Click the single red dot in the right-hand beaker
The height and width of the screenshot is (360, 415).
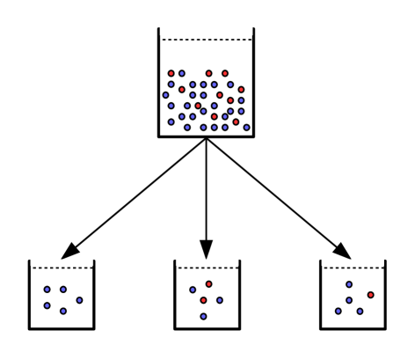[370, 295]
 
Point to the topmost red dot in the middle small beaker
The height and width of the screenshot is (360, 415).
[208, 283]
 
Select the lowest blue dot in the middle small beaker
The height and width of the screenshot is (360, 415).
[203, 316]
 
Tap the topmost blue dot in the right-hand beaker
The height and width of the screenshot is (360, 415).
[349, 284]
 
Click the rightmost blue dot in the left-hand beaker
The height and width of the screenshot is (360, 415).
[79, 300]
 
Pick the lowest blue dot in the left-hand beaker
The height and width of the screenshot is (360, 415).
[62, 311]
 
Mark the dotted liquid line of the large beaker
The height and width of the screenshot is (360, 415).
[206, 40]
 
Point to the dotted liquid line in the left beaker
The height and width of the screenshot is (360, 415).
[62, 268]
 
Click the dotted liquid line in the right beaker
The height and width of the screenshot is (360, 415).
[352, 268]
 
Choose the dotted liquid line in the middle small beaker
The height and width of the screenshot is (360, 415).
[207, 268]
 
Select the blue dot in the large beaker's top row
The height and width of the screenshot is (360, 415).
[182, 74]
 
